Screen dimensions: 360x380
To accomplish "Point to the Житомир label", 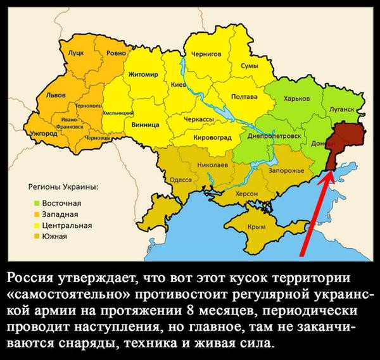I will (x=142, y=75).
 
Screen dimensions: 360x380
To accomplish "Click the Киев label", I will (x=179, y=84).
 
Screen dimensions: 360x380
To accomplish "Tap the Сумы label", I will (x=248, y=66).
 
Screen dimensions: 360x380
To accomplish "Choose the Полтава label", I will (x=244, y=97).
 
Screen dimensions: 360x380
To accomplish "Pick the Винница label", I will (x=145, y=125).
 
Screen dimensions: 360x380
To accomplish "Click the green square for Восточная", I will (x=37, y=203).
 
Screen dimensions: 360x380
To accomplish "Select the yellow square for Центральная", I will (x=37, y=225).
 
